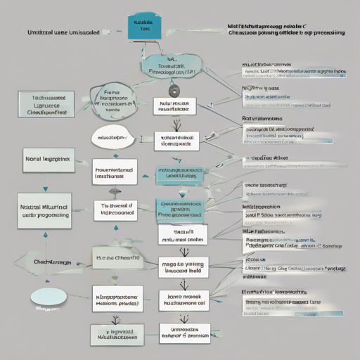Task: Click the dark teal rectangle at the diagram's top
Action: coord(143,27)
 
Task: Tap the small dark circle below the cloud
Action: coord(173,90)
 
